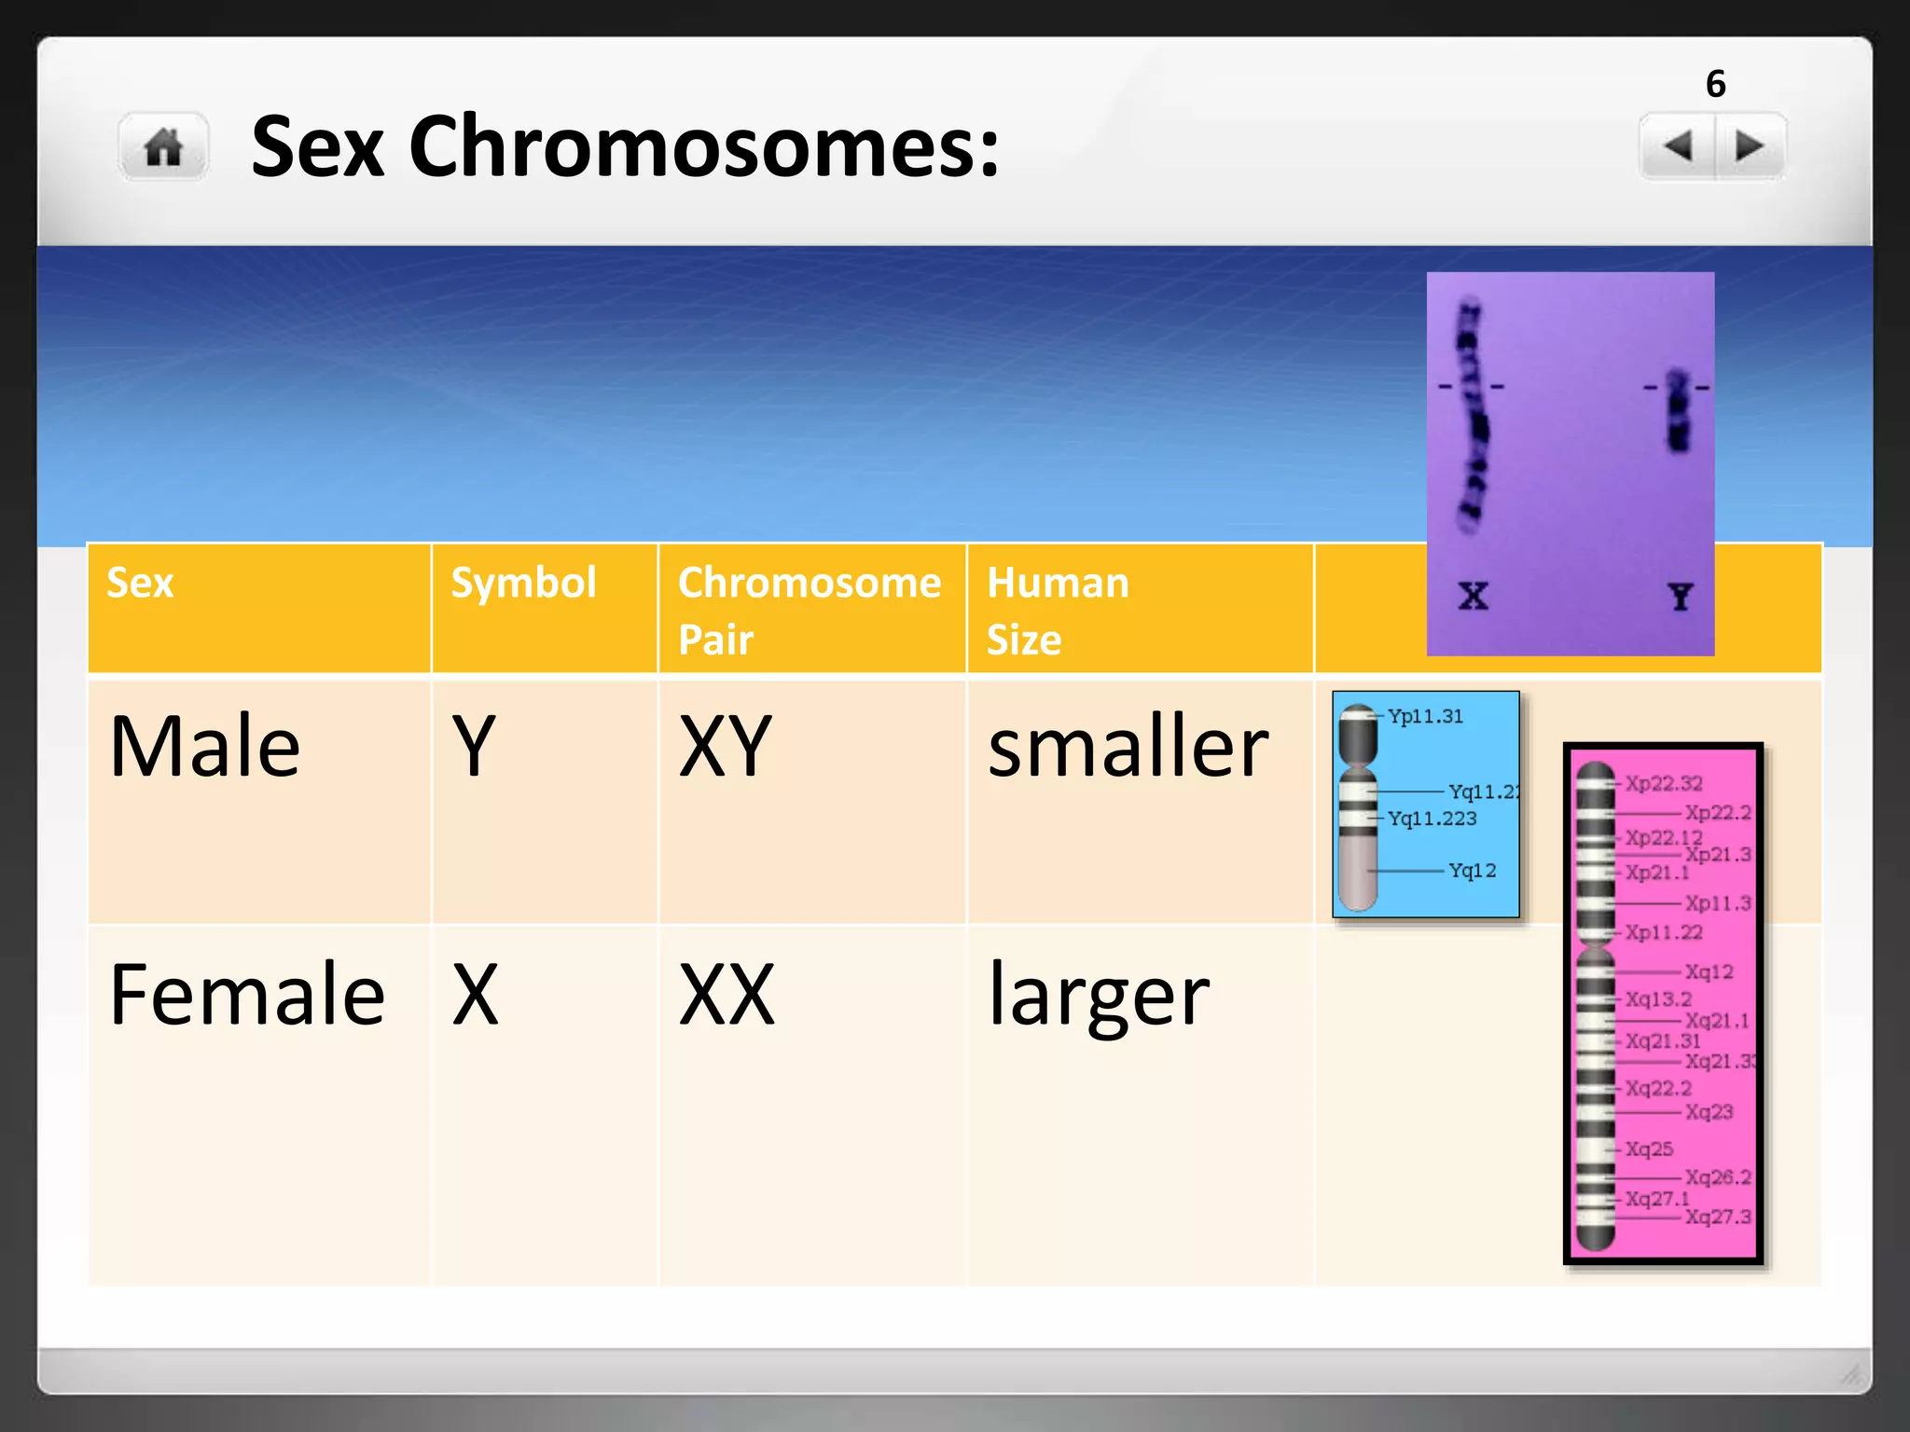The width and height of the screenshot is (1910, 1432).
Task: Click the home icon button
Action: click(x=164, y=147)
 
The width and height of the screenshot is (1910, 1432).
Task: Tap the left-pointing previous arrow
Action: click(x=1678, y=146)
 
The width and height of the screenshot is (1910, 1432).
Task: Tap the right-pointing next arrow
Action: click(x=1749, y=146)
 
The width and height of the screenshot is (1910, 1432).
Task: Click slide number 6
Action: click(x=1715, y=84)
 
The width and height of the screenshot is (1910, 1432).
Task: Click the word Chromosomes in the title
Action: click(x=704, y=146)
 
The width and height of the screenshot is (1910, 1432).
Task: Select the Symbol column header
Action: click(x=523, y=583)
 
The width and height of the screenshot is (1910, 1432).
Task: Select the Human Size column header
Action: click(x=1058, y=610)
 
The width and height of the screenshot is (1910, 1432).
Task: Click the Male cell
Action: click(x=205, y=746)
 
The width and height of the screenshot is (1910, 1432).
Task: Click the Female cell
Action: click(x=247, y=995)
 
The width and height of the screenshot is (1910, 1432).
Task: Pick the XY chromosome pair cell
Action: click(x=726, y=746)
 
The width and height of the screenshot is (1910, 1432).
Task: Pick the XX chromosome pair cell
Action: click(x=727, y=995)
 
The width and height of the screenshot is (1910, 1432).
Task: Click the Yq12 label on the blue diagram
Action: click(x=1472, y=870)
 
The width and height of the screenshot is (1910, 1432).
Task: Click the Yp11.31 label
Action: click(x=1425, y=716)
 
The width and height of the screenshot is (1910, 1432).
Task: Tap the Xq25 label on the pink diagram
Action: click(x=1649, y=1149)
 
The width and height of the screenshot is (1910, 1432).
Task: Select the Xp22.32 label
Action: click(x=1664, y=783)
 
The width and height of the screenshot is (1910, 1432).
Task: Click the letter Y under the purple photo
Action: click(x=1681, y=597)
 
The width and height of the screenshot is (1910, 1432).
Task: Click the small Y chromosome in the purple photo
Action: click(x=1678, y=411)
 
